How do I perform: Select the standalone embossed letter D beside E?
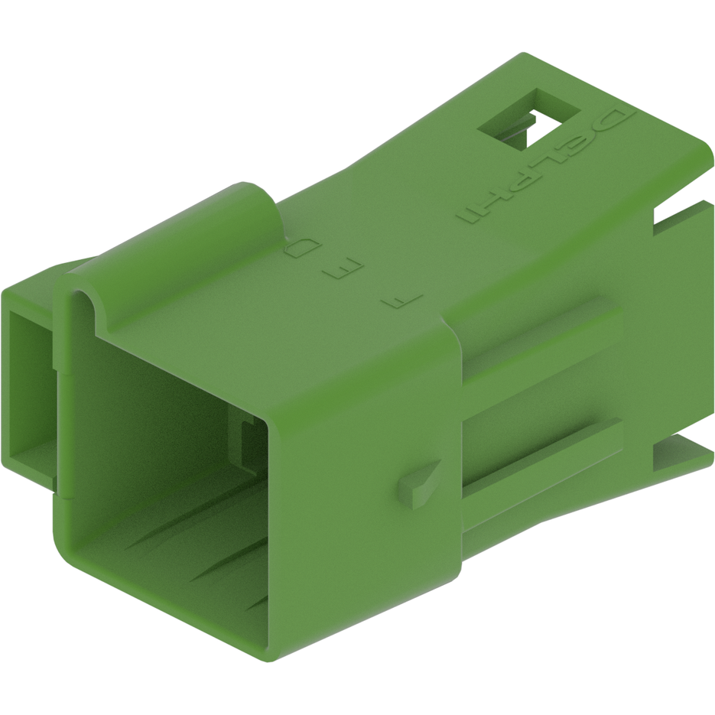click(299, 249)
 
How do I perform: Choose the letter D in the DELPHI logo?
click(616, 122)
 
